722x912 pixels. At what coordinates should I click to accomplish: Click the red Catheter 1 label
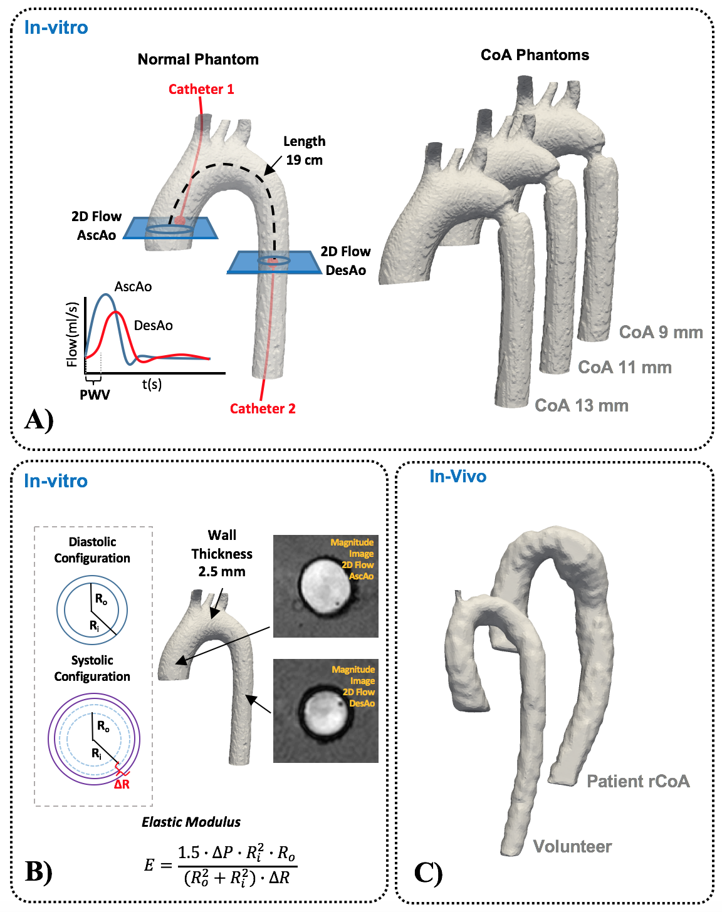click(201, 89)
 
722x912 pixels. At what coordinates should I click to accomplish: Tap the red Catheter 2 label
click(263, 408)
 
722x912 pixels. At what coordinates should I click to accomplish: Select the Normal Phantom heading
click(198, 60)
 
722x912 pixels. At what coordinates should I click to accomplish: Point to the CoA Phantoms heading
click(535, 55)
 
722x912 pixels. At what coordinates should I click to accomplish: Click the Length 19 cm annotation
click(304, 150)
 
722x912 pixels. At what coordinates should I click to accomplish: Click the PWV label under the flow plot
click(95, 395)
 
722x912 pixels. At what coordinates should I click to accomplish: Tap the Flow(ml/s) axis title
click(73, 334)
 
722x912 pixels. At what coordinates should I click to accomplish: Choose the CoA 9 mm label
click(661, 332)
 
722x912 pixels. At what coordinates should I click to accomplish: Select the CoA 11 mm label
click(624, 367)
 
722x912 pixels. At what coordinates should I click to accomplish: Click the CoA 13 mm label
click(581, 405)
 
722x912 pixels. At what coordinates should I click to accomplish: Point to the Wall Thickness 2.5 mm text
click(222, 553)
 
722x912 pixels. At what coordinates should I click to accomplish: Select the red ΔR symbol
click(122, 784)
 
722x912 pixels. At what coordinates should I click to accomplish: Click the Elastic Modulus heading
click(191, 822)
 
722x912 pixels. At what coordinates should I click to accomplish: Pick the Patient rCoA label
click(637, 781)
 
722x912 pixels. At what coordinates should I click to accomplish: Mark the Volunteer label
click(572, 846)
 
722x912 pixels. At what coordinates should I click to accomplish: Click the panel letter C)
click(428, 872)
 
